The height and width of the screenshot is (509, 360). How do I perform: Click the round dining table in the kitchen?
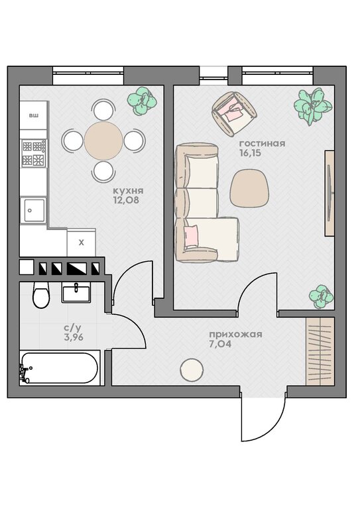click(x=103, y=141)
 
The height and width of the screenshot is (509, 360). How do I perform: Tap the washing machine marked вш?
click(x=33, y=115)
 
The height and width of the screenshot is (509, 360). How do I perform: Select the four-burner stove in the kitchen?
click(x=33, y=153)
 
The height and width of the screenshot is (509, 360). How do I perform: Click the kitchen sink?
click(x=33, y=210)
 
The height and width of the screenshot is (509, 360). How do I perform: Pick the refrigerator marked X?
click(x=81, y=243)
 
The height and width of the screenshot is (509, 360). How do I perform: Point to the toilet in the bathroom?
click(x=41, y=295)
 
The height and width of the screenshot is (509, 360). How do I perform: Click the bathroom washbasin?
click(x=76, y=292)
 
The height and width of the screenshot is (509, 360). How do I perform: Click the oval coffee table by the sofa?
click(x=250, y=188)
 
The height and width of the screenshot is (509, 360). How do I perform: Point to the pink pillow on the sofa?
click(x=191, y=236)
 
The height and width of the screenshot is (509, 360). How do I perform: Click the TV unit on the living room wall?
click(x=330, y=193)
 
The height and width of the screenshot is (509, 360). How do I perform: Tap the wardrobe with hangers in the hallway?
click(x=320, y=351)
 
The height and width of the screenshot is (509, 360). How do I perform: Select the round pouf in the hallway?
click(x=192, y=370)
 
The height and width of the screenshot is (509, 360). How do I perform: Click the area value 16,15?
click(x=251, y=153)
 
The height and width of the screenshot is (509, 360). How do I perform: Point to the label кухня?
click(x=128, y=191)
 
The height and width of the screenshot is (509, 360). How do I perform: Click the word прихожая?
click(x=235, y=334)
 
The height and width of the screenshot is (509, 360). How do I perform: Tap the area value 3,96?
click(x=74, y=337)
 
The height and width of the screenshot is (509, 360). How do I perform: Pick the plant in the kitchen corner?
click(x=142, y=101)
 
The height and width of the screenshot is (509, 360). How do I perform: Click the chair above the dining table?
click(x=103, y=109)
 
